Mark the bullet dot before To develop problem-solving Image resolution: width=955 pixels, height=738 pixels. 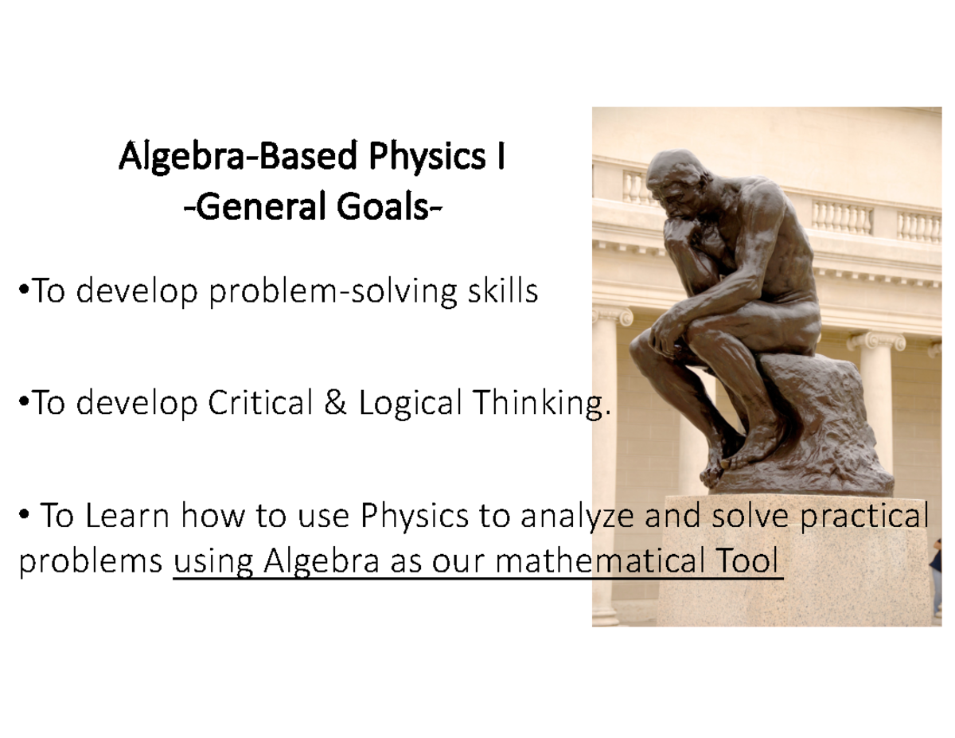[x=21, y=293]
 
